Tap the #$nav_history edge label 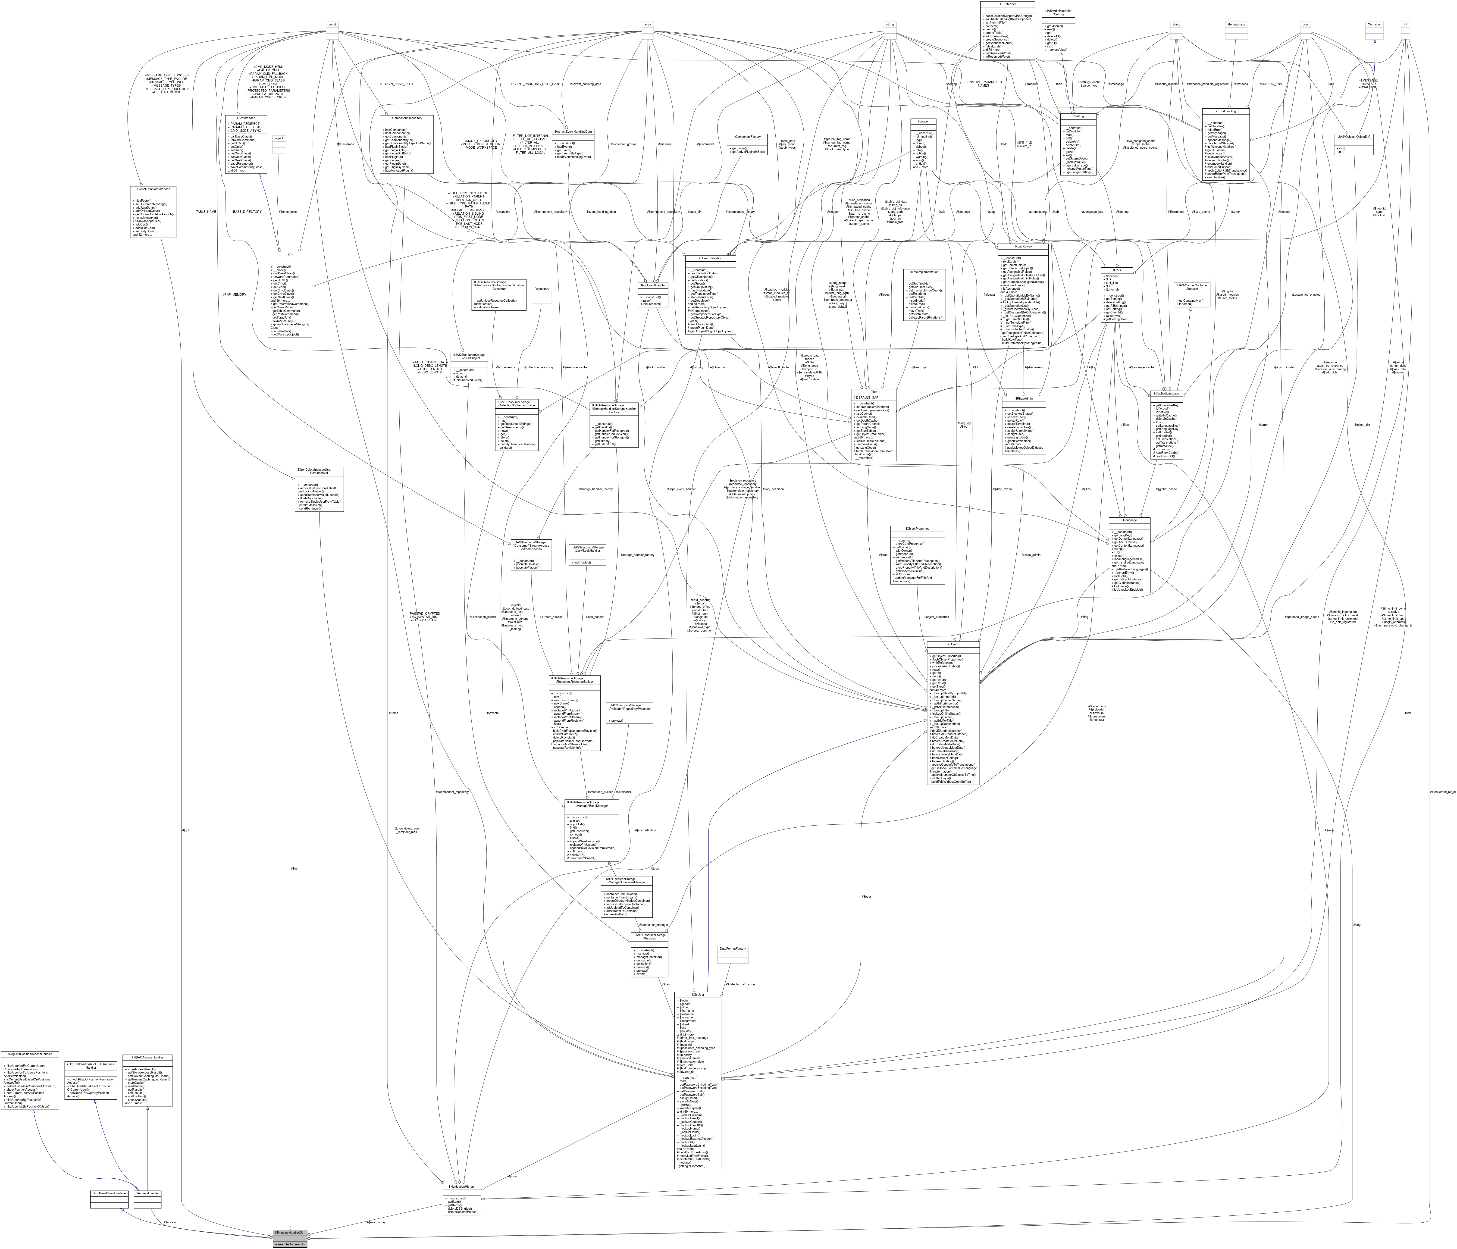pyautogui.click(x=376, y=1222)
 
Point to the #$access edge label pyautogui.click(x=169, y=1222)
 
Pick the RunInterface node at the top pyautogui.click(x=1236, y=25)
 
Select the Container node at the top pyautogui.click(x=1373, y=25)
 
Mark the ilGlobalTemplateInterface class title pyautogui.click(x=153, y=189)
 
